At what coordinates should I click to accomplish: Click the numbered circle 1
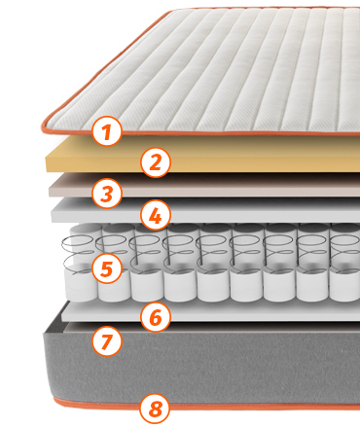(107, 131)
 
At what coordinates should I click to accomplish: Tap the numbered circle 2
(156, 162)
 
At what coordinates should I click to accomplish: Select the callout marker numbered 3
(107, 194)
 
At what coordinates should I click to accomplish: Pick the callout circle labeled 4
(156, 215)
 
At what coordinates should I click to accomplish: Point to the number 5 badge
(107, 268)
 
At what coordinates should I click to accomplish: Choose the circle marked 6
(156, 317)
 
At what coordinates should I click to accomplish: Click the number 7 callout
(107, 340)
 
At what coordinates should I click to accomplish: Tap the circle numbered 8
(155, 408)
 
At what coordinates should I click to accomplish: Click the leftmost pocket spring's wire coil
(78, 251)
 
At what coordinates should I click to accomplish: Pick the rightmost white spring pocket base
(344, 285)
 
